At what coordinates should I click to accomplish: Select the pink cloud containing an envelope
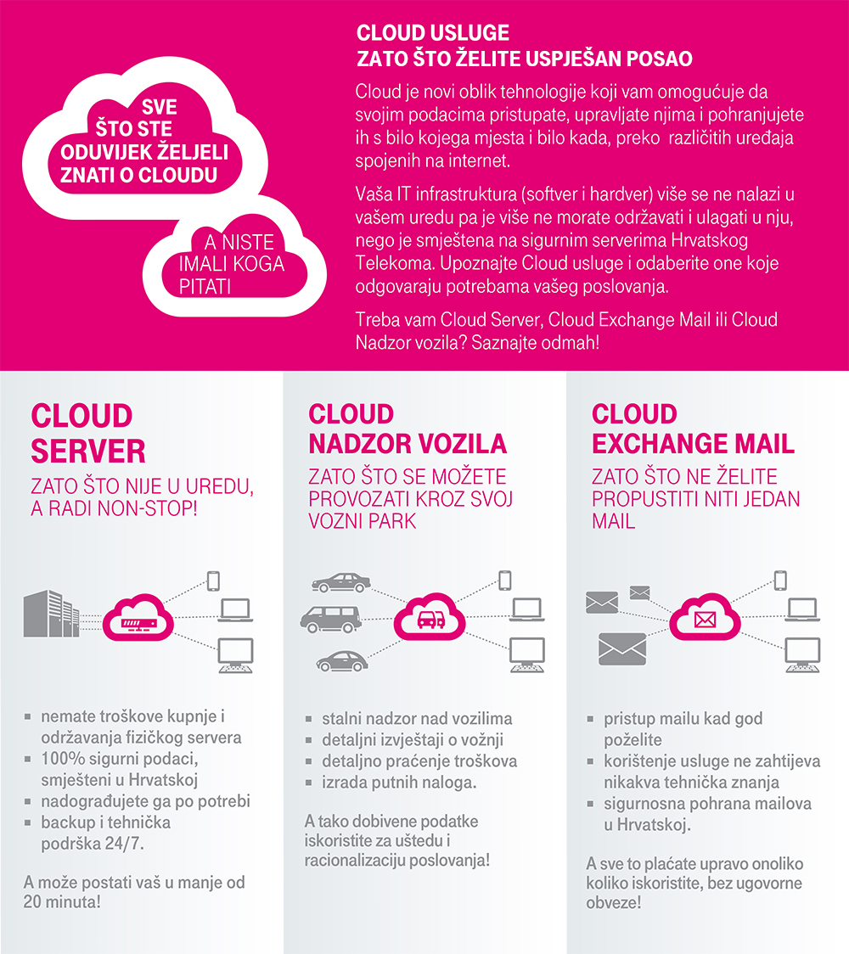[705, 616]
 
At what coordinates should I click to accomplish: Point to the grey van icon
[330, 619]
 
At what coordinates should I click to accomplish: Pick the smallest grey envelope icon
[639, 592]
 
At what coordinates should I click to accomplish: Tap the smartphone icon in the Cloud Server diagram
[213, 581]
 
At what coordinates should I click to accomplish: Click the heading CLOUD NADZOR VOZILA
[407, 429]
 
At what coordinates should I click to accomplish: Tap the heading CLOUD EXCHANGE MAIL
[693, 429]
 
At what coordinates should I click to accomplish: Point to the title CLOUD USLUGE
[433, 33]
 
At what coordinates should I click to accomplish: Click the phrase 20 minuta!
[63, 901]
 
